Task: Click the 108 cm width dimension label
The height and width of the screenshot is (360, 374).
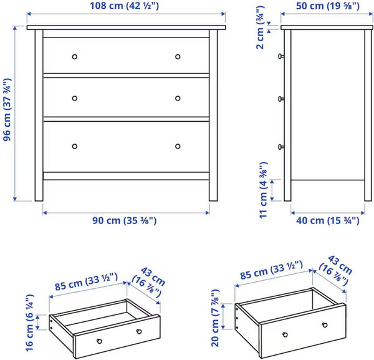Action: coord(124,6)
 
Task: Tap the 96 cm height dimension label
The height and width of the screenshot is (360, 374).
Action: coord(7,110)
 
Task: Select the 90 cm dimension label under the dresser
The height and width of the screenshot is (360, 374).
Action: coord(125,220)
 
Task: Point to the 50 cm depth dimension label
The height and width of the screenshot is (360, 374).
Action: coord(328,6)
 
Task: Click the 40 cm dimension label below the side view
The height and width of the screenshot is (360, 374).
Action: coord(327,221)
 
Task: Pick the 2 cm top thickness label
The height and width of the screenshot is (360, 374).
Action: coord(260,27)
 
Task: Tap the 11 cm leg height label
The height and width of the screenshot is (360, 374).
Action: coord(263,190)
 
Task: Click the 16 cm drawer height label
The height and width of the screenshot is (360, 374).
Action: coord(29,323)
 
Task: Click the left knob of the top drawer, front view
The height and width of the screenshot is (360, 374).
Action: coord(75,57)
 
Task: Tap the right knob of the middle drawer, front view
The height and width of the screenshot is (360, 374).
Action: coord(178,99)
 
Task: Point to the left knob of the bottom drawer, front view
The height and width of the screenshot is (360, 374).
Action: coord(75,146)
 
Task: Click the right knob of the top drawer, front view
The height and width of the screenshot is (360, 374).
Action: coord(178,57)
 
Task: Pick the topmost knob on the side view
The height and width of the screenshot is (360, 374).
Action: coord(281,56)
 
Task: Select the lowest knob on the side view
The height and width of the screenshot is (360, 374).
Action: coord(281,147)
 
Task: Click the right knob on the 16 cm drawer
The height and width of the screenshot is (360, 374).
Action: coord(139,331)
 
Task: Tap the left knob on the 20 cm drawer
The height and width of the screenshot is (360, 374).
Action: coord(285,334)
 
